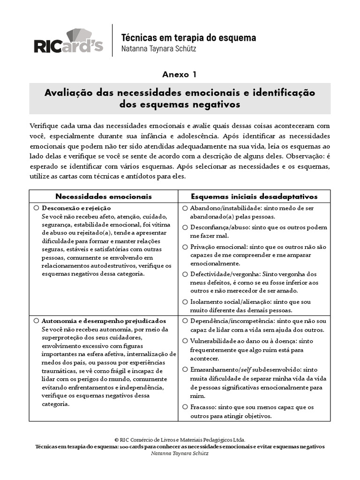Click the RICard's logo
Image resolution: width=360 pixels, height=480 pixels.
point(68,41)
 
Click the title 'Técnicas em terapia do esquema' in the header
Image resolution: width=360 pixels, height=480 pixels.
point(188,37)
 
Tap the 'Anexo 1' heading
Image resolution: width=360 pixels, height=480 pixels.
point(180,75)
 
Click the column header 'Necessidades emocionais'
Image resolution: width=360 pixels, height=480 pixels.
point(104,196)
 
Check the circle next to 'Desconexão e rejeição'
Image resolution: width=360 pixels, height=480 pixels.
point(36,208)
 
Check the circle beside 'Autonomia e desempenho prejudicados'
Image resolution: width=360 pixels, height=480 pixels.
point(36,321)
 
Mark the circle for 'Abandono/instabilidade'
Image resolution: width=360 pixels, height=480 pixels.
point(185,208)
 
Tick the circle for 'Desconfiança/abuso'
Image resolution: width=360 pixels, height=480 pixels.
point(185,227)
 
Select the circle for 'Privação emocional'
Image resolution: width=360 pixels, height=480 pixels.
point(185,247)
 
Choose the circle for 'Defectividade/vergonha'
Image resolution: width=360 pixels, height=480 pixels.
point(185,274)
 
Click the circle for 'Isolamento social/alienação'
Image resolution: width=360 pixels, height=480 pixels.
point(185,301)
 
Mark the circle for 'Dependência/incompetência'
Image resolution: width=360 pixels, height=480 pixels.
point(185,321)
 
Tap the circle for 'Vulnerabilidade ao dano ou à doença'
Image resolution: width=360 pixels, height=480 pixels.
point(185,341)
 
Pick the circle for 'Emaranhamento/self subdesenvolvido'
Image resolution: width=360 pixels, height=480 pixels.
point(185,368)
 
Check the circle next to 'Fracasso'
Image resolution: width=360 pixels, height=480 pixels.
point(185,407)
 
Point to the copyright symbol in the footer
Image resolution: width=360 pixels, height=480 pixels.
point(116,440)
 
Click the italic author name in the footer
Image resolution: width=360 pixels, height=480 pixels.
point(180,454)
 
